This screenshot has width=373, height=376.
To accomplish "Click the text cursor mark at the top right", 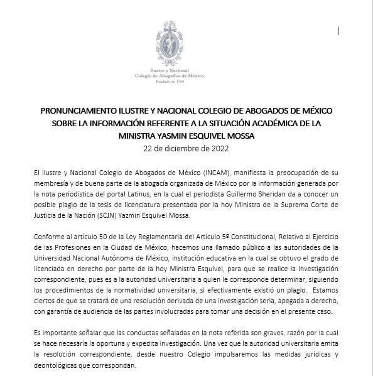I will (340, 30).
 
